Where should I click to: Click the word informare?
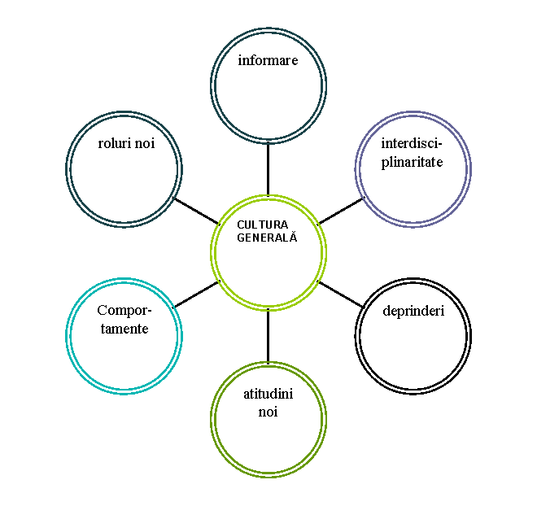click(268, 60)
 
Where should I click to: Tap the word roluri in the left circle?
click(115, 143)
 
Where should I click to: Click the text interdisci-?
click(412, 143)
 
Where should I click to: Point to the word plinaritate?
click(412, 162)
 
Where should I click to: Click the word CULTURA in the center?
click(263, 225)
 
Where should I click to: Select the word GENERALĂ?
click(267, 238)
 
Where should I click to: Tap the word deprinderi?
click(413, 311)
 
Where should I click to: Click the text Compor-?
click(124, 310)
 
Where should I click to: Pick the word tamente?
click(124, 329)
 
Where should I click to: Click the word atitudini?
click(268, 394)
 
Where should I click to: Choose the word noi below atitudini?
click(268, 412)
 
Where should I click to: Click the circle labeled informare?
click(268, 98)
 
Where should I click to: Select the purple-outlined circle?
click(413, 191)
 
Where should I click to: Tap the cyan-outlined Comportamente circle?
click(124, 358)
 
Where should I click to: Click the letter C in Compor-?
click(102, 310)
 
